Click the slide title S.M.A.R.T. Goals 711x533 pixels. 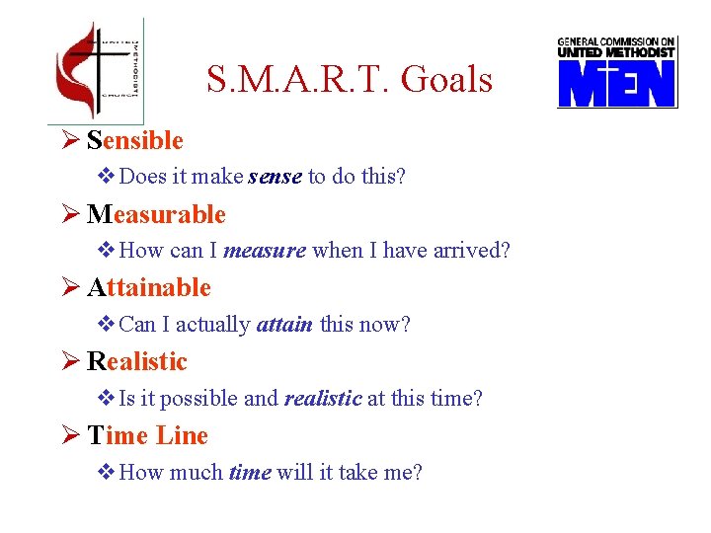pos(350,79)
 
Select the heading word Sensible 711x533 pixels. pos(135,141)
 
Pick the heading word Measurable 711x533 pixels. pos(156,214)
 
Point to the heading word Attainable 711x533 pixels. pos(149,288)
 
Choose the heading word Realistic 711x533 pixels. pos(137,361)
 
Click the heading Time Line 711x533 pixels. pos(148,435)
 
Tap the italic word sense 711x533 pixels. pos(276,178)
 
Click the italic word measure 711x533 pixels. pos(265,251)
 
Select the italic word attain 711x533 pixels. pos(283,325)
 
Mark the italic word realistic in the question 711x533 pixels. pos(323,399)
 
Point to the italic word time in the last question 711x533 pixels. pos(250,473)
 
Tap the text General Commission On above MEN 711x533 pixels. pos(616,42)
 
